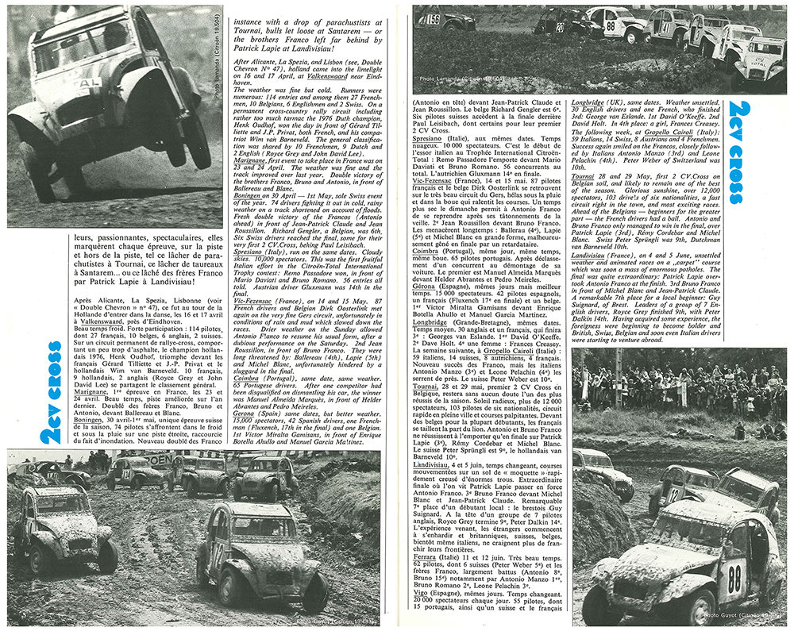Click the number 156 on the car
click(x=432, y=19)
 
